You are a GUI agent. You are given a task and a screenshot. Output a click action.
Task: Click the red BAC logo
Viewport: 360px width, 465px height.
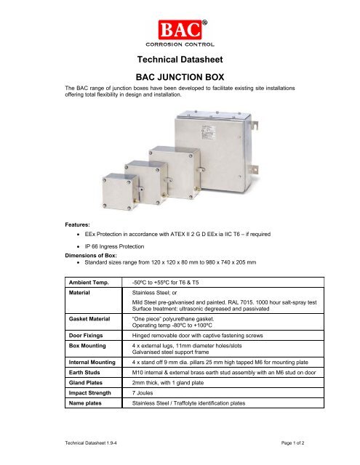pyautogui.click(x=177, y=30)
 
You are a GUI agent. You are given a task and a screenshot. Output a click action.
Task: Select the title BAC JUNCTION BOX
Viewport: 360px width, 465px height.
pyautogui.click(x=179, y=77)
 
